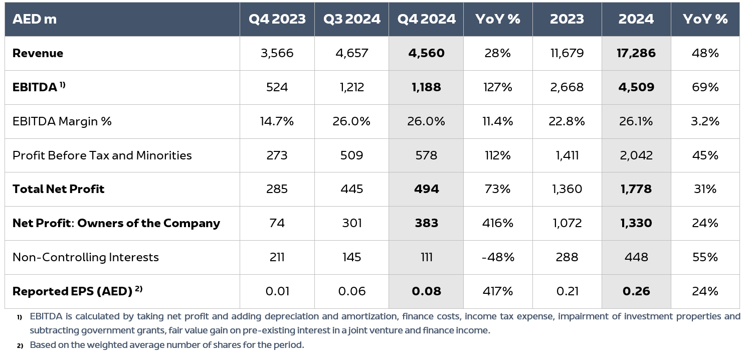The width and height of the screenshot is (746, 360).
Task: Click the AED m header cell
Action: (34, 19)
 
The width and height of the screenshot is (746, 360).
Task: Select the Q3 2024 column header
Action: (351, 19)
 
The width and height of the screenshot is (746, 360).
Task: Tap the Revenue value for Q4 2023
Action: (277, 53)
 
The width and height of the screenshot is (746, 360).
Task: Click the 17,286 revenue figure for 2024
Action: (636, 53)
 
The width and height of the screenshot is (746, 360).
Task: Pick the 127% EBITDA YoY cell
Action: (497, 87)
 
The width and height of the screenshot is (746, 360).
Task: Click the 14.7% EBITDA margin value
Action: (277, 121)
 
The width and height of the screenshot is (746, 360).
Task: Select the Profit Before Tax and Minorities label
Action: (102, 155)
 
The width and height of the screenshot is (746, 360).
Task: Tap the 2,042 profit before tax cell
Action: (636, 155)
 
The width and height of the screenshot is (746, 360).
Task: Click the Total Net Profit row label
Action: (58, 189)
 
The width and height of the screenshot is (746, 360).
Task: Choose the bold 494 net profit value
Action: (426, 189)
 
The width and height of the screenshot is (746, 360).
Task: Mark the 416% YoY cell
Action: (497, 223)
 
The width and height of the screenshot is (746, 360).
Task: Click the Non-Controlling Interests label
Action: (85, 257)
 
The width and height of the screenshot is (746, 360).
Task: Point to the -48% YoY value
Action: (497, 257)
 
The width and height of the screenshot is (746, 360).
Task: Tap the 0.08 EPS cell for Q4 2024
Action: (426, 291)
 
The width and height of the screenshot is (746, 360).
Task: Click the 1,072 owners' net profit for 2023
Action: (568, 223)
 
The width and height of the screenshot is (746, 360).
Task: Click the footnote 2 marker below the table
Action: (20, 345)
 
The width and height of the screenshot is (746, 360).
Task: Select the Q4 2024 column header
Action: (426, 19)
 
